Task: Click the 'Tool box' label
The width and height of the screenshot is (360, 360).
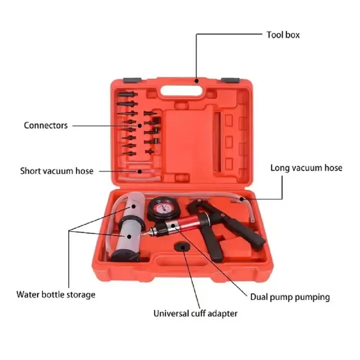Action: click(x=283, y=35)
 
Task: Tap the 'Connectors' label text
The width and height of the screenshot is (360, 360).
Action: click(x=46, y=125)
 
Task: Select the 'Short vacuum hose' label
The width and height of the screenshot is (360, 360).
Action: click(x=57, y=171)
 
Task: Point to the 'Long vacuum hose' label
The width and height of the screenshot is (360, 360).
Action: click(x=306, y=168)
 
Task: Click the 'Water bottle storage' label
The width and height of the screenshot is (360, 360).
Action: click(x=56, y=294)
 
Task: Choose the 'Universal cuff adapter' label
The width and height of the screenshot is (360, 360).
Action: click(x=195, y=314)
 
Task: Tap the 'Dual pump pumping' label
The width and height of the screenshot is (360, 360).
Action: click(x=290, y=297)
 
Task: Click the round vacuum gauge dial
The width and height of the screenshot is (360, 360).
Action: click(x=163, y=208)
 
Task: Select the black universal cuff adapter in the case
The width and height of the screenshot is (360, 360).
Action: click(x=183, y=247)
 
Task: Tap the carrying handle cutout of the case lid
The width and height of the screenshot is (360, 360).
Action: click(x=181, y=90)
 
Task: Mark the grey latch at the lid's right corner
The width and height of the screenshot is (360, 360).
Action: click(x=230, y=80)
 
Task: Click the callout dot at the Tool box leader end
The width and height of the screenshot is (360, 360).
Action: click(x=197, y=81)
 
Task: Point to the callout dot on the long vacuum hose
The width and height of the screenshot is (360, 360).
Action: click(x=242, y=199)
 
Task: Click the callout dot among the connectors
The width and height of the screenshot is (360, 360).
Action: click(x=140, y=126)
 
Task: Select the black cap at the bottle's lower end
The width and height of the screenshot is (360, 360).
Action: click(x=125, y=256)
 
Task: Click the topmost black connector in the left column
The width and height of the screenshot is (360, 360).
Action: click(x=128, y=94)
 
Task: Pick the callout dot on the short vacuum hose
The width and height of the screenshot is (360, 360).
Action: click(x=140, y=171)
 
